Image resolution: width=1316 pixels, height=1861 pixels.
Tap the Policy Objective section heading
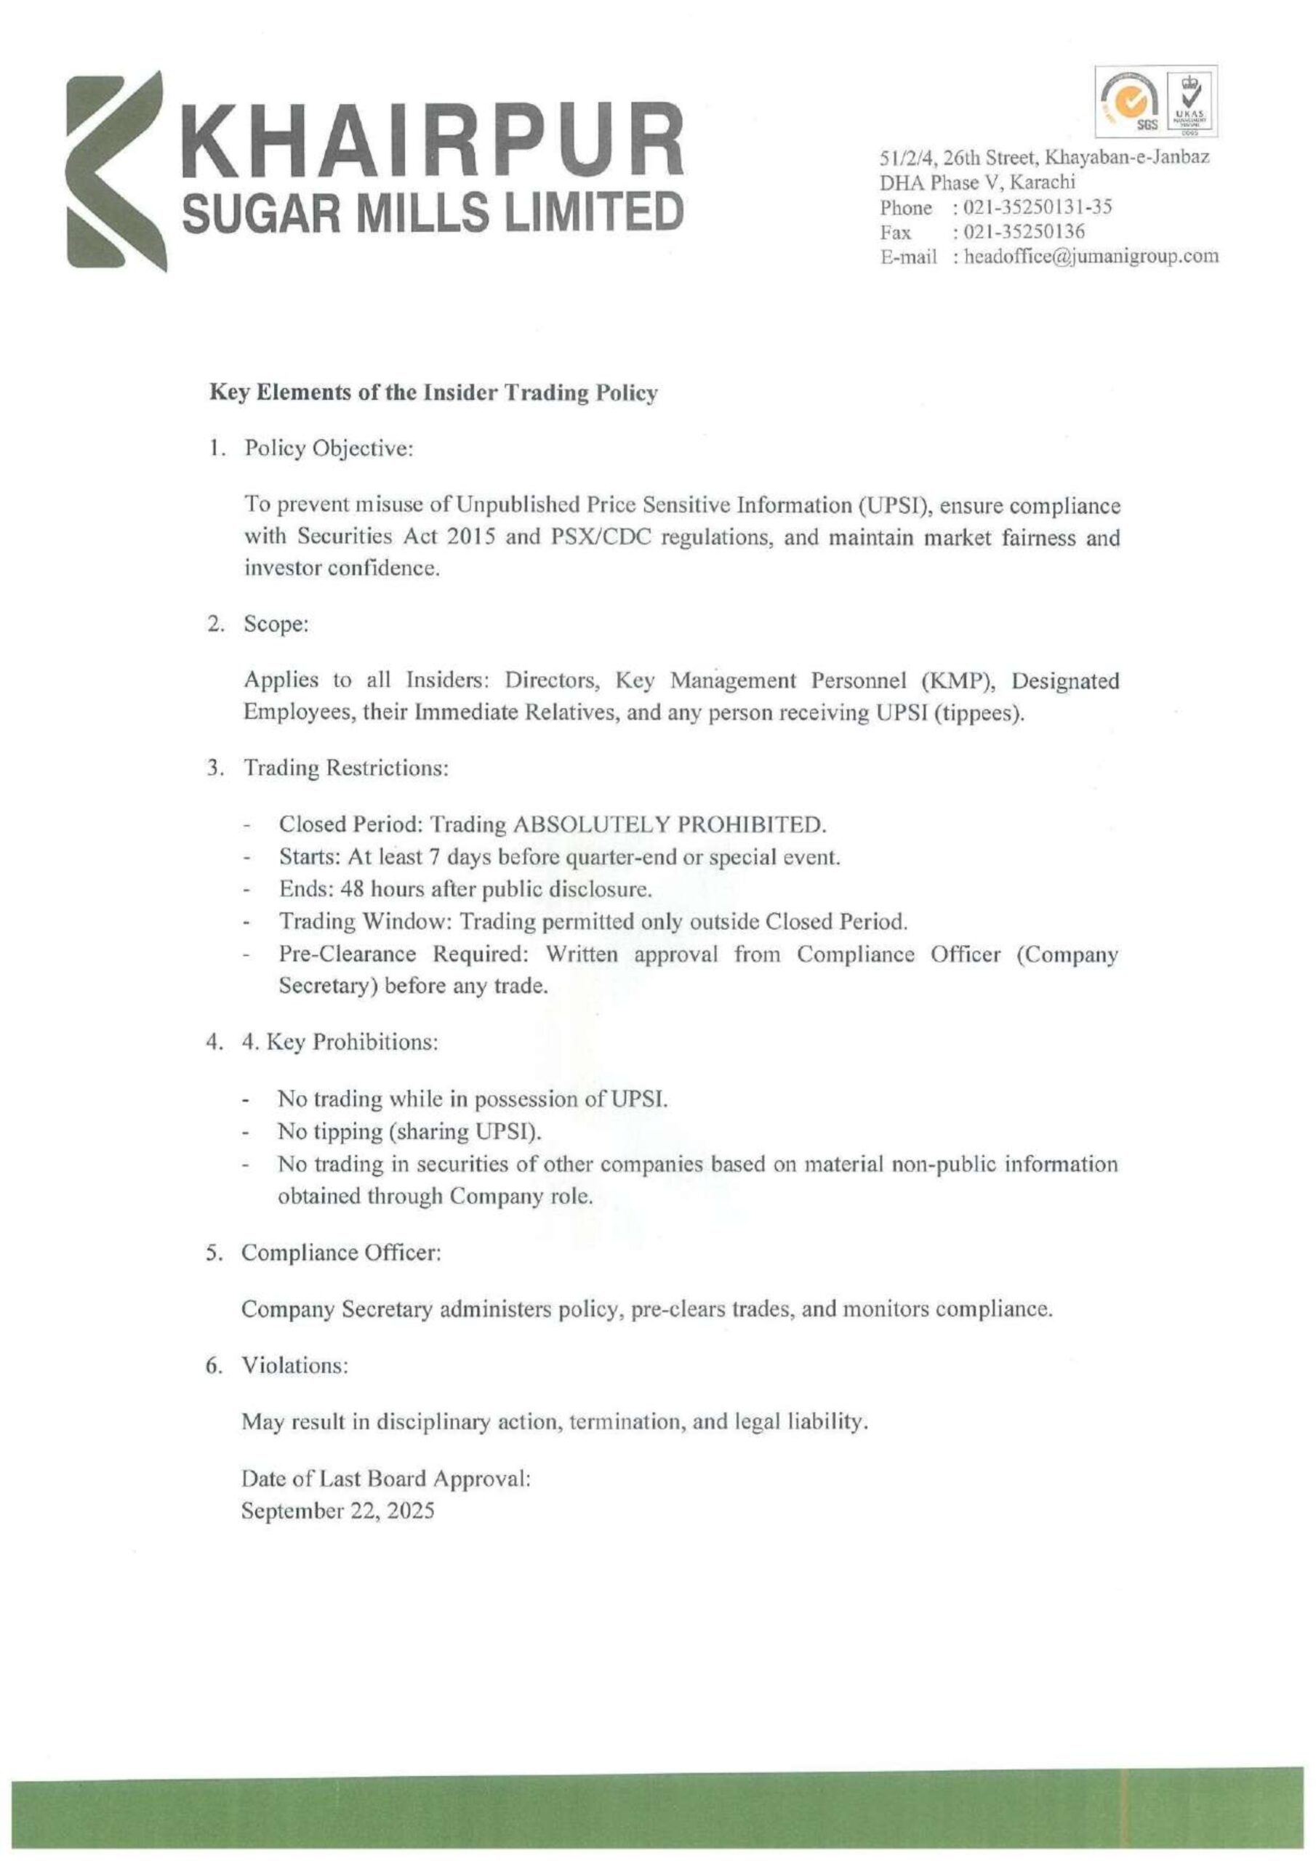click(x=329, y=449)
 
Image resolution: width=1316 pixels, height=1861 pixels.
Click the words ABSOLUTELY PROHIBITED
click(x=669, y=824)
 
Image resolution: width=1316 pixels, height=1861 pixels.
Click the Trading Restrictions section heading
click(x=346, y=768)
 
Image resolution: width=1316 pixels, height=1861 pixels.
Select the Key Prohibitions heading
click(x=340, y=1042)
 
